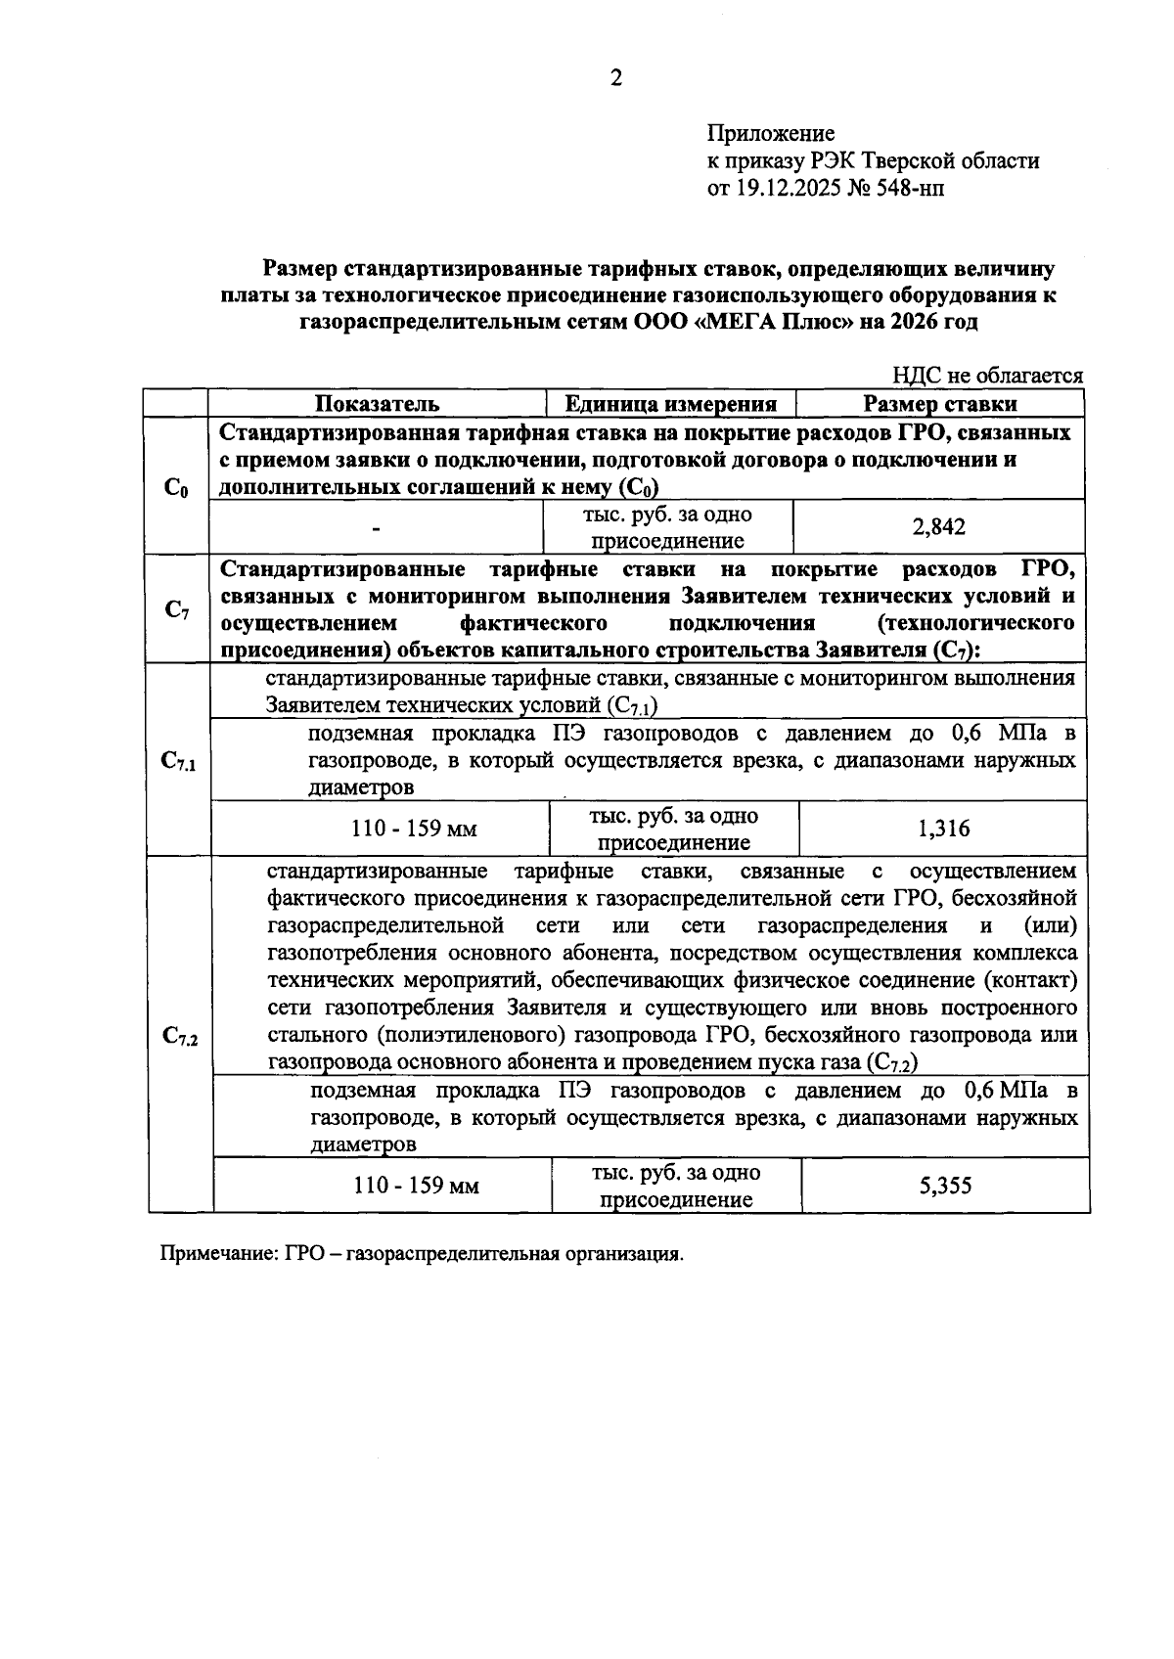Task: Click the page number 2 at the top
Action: (615, 79)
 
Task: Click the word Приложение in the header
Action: (771, 134)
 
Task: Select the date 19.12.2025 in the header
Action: (789, 188)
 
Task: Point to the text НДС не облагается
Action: (987, 376)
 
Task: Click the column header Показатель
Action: (377, 404)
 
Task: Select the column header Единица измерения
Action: (671, 404)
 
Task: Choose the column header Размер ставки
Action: (939, 404)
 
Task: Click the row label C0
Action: (176, 487)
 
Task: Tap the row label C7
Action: (176, 610)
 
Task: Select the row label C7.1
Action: (179, 761)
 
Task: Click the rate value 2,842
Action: (939, 527)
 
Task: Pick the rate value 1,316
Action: (944, 829)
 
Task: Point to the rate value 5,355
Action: (945, 1186)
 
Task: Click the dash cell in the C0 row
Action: (376, 529)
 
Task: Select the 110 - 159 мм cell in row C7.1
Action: (414, 829)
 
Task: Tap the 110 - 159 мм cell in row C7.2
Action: (416, 1187)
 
